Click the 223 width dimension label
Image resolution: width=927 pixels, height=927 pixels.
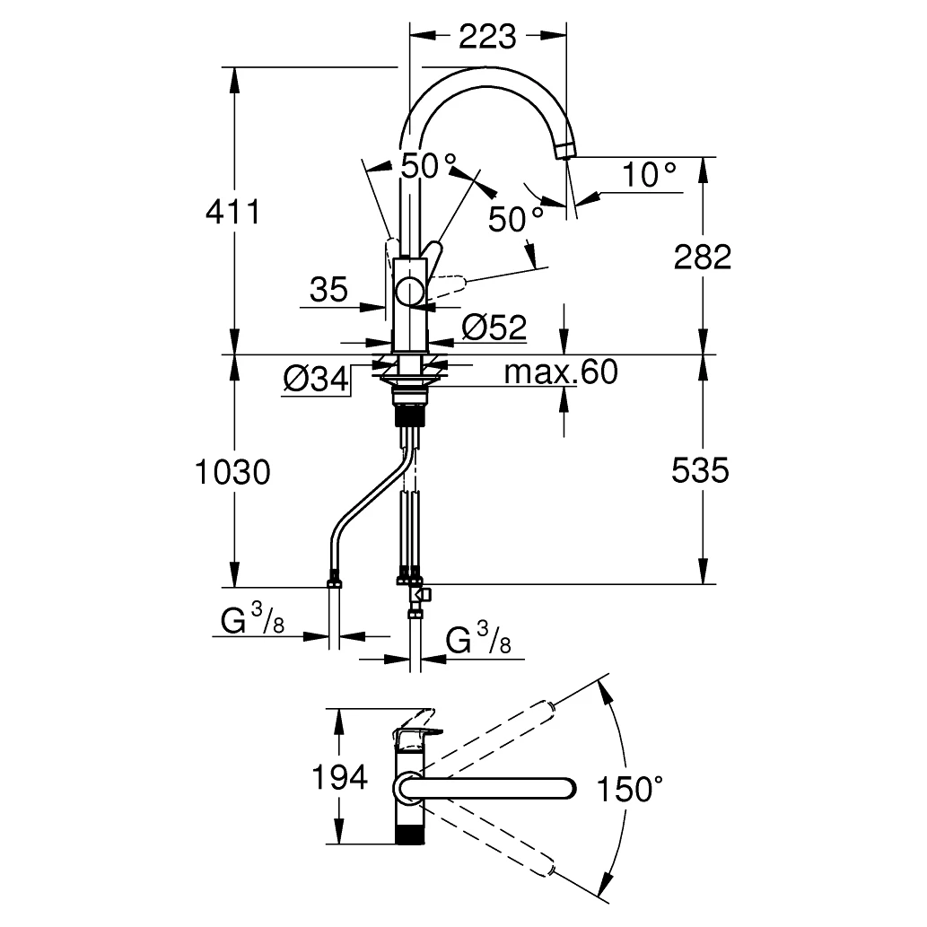[488, 37]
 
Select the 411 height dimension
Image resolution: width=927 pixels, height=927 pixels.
[232, 213]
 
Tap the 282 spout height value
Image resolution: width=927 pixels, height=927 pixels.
[702, 257]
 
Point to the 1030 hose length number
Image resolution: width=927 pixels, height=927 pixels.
[232, 471]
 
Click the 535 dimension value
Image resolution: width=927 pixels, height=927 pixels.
[701, 469]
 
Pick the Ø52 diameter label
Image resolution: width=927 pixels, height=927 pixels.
[494, 328]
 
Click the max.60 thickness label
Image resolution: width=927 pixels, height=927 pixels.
[561, 371]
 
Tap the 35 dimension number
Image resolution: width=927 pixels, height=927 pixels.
[328, 290]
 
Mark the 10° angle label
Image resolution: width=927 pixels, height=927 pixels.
[650, 175]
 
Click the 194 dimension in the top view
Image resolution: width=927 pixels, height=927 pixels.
[338, 777]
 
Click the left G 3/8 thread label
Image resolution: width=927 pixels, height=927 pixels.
[252, 620]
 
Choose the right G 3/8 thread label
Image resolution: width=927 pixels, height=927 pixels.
[479, 641]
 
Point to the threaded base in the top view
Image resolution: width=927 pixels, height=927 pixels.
[410, 830]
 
